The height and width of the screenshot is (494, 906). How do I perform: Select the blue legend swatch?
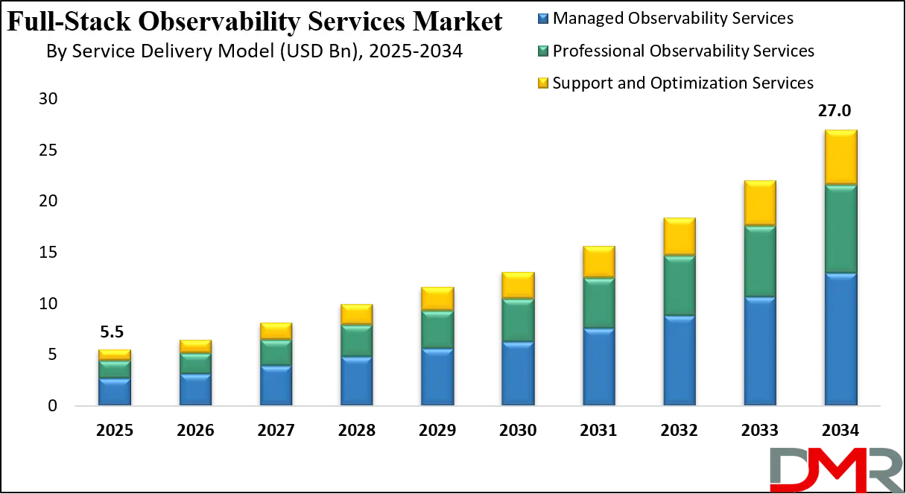[x=542, y=18]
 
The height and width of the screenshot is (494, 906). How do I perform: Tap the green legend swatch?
[x=542, y=50]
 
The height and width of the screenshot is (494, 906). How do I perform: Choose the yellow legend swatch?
[x=542, y=83]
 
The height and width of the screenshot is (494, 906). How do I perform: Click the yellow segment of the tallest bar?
[x=840, y=157]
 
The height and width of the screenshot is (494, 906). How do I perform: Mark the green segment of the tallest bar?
[x=840, y=229]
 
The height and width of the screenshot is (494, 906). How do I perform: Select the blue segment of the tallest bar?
[x=840, y=339]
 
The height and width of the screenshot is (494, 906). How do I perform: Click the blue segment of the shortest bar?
[x=114, y=392]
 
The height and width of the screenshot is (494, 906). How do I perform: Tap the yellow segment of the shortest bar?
[x=114, y=355]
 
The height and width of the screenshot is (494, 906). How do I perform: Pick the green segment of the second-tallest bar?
[x=760, y=262]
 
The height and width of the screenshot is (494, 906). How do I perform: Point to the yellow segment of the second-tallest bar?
[x=760, y=203]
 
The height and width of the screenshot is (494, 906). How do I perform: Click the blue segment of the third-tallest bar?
[x=679, y=361]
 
